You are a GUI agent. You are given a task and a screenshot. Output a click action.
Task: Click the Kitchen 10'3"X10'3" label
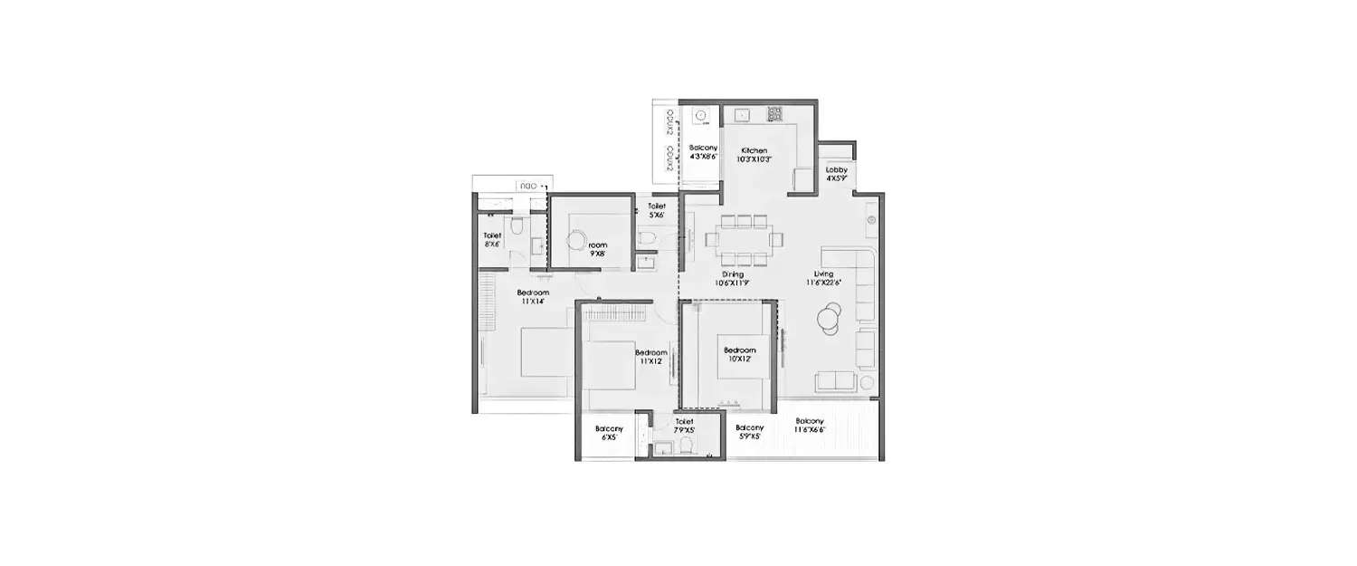click(754, 155)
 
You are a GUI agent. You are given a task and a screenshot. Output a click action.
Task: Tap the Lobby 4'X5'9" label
click(836, 174)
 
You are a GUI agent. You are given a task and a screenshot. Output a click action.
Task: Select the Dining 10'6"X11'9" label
click(733, 278)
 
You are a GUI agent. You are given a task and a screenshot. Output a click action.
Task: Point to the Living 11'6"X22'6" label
click(823, 278)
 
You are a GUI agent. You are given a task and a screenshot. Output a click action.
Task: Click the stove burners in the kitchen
click(774, 114)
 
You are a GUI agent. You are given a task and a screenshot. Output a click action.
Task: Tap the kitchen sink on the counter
click(742, 115)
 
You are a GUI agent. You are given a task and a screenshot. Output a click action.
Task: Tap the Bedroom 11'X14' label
click(533, 298)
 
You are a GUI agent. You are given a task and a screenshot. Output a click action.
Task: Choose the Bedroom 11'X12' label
click(650, 357)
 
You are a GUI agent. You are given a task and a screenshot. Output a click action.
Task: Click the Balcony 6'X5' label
click(606, 433)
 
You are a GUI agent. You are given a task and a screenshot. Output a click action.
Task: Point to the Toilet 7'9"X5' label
click(683, 426)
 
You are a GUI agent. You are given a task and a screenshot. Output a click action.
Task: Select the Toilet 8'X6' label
click(492, 240)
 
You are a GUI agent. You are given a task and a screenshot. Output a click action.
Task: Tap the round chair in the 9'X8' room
click(576, 240)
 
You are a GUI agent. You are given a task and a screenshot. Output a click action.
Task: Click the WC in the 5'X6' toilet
click(646, 238)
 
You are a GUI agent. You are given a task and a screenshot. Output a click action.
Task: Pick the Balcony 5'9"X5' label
click(749, 432)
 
